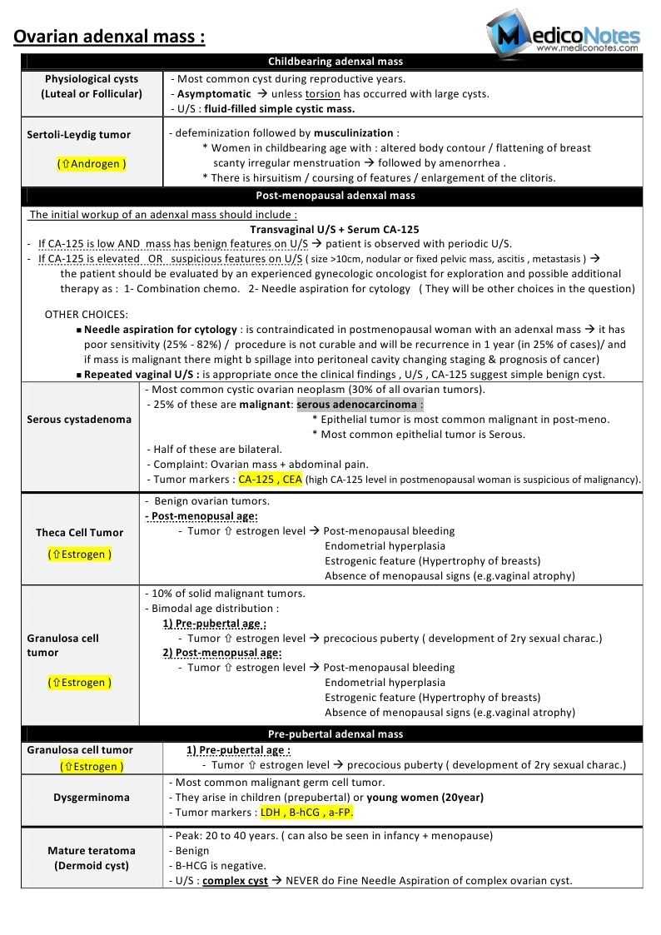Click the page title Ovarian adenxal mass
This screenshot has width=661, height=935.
(109, 37)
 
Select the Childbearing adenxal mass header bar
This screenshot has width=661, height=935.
(335, 62)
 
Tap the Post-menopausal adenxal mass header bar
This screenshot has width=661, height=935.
(335, 196)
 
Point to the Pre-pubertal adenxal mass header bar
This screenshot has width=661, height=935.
(335, 734)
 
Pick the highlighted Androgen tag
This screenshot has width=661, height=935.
(92, 164)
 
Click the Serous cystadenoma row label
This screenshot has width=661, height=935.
(79, 419)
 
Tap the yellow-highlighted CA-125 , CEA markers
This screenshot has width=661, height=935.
(271, 480)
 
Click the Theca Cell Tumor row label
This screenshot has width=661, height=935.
(79, 532)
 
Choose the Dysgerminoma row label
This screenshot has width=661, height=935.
(92, 797)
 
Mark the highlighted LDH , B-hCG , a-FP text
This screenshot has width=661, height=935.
(307, 812)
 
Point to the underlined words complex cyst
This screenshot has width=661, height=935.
(235, 880)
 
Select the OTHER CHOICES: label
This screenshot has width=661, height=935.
(87, 314)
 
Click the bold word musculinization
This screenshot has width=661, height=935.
(353, 132)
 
